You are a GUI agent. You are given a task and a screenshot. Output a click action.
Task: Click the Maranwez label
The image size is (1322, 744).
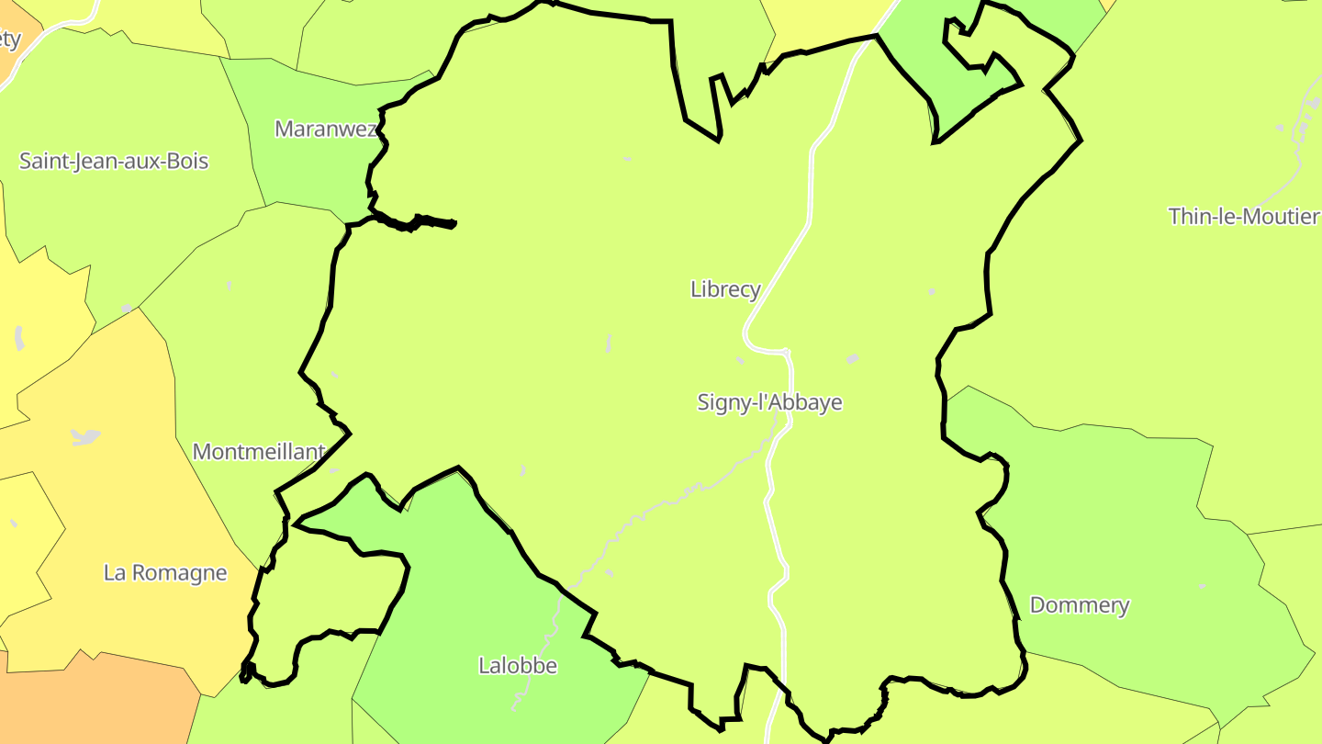point(326,129)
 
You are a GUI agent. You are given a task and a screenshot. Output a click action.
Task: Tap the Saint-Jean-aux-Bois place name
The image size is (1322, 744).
point(114,162)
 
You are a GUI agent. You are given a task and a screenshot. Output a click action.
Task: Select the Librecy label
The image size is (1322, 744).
point(725,289)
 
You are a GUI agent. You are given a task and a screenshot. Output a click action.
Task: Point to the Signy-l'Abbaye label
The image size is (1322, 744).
point(769,402)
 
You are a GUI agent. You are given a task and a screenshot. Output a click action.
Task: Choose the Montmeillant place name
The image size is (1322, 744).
point(258,452)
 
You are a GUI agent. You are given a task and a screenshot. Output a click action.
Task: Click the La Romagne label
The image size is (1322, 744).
point(165,573)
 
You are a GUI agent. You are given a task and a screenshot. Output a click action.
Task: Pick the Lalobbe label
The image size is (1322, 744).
point(518,665)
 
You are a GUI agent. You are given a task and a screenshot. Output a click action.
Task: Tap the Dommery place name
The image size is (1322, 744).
point(1080,605)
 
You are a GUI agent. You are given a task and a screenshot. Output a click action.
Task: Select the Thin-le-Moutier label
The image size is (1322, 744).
point(1243,217)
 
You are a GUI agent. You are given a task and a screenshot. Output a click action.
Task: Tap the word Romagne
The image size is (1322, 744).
point(181,573)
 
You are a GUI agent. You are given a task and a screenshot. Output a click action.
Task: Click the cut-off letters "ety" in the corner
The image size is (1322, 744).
point(9,39)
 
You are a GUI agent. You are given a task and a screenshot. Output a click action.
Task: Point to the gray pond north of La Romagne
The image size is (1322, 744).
point(85,437)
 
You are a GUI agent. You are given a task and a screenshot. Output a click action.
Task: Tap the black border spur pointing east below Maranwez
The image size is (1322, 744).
point(431,221)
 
